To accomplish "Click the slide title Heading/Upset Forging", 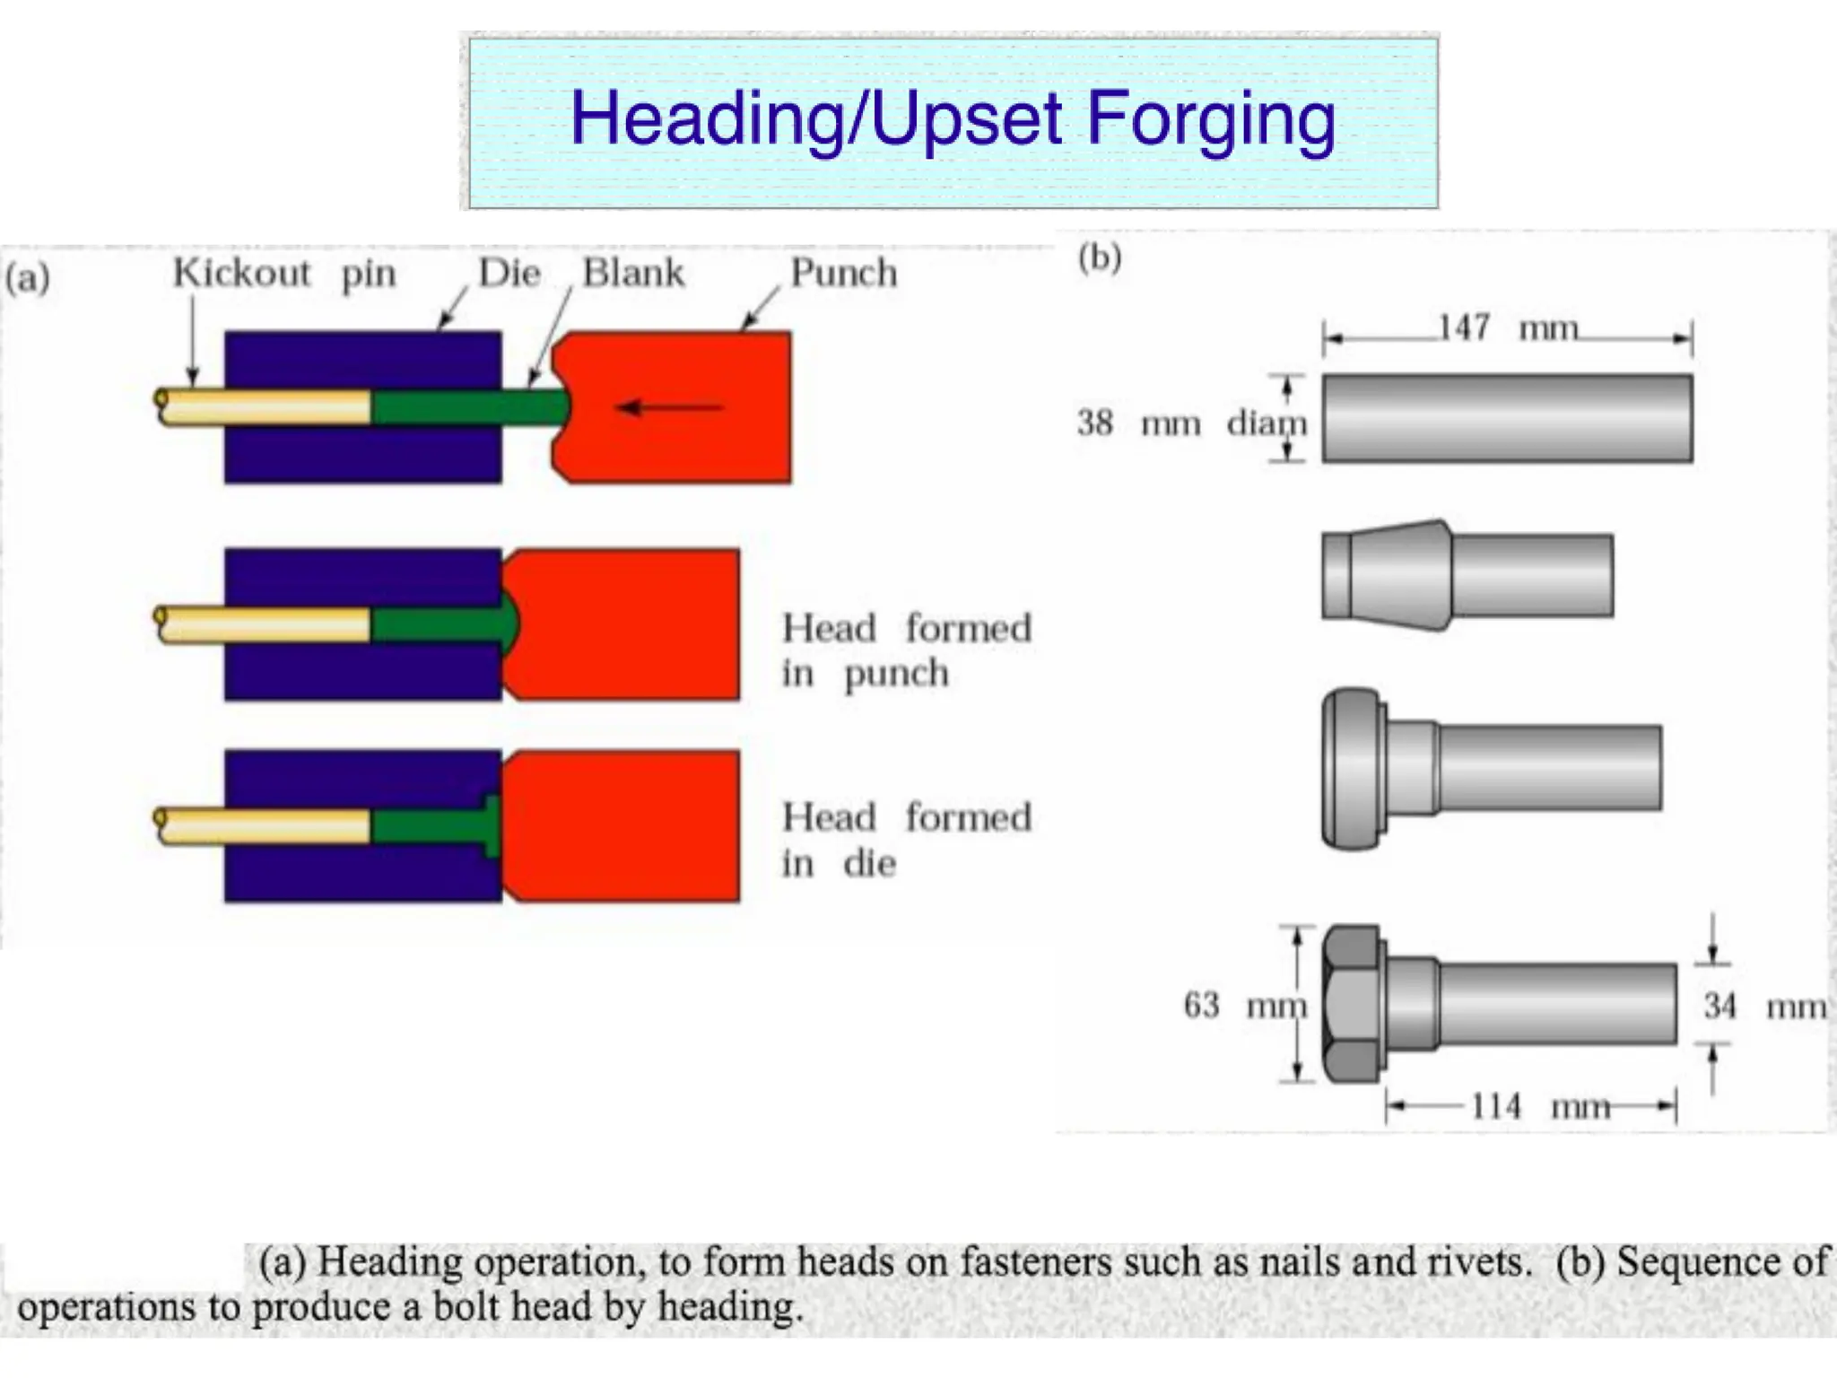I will (953, 119).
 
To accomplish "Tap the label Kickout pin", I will (283, 273).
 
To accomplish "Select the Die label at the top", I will (509, 273).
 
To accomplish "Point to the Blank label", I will (633, 273).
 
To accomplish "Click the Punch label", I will (843, 273).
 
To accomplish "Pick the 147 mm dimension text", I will (1507, 328).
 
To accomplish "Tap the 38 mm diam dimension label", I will (1191, 422).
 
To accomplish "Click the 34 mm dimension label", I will (1763, 1006).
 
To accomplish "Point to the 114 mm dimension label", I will (1539, 1106).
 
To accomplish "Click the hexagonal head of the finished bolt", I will (1353, 1004).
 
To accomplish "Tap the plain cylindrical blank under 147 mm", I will (1507, 419).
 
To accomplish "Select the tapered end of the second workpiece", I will (1386, 575).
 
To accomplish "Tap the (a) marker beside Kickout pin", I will (27, 278).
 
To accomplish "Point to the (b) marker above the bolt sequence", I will (1100, 258).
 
